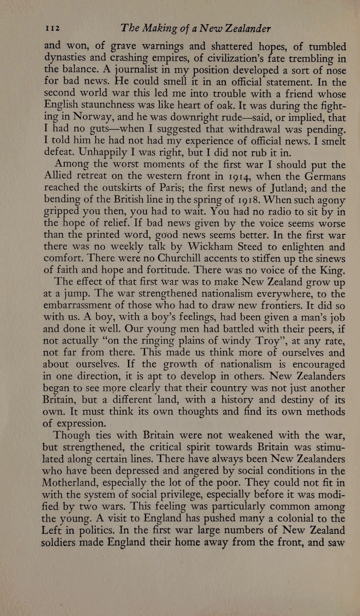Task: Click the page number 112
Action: pos(53,28)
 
